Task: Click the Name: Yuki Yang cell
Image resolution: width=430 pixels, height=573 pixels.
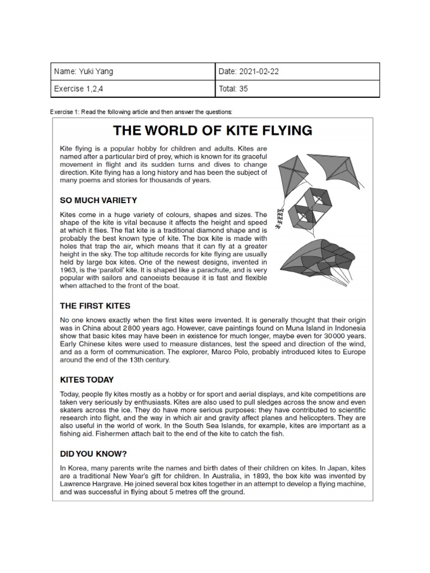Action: click(x=133, y=72)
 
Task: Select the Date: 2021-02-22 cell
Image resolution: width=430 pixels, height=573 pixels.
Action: click(x=297, y=72)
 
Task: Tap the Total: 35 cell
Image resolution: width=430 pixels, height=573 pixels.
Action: click(x=297, y=88)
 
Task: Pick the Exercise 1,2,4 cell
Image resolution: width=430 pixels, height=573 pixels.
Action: click(x=133, y=88)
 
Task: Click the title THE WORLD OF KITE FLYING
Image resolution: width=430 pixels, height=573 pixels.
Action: click(x=212, y=131)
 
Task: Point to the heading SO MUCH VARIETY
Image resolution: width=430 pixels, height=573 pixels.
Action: click(x=98, y=200)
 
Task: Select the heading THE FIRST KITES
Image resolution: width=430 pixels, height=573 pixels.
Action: click(x=95, y=306)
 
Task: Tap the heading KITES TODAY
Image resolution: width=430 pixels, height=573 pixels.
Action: click(x=87, y=379)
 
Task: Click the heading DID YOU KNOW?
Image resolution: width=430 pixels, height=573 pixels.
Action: click(x=94, y=453)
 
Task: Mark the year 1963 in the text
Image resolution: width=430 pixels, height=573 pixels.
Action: click(x=70, y=270)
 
